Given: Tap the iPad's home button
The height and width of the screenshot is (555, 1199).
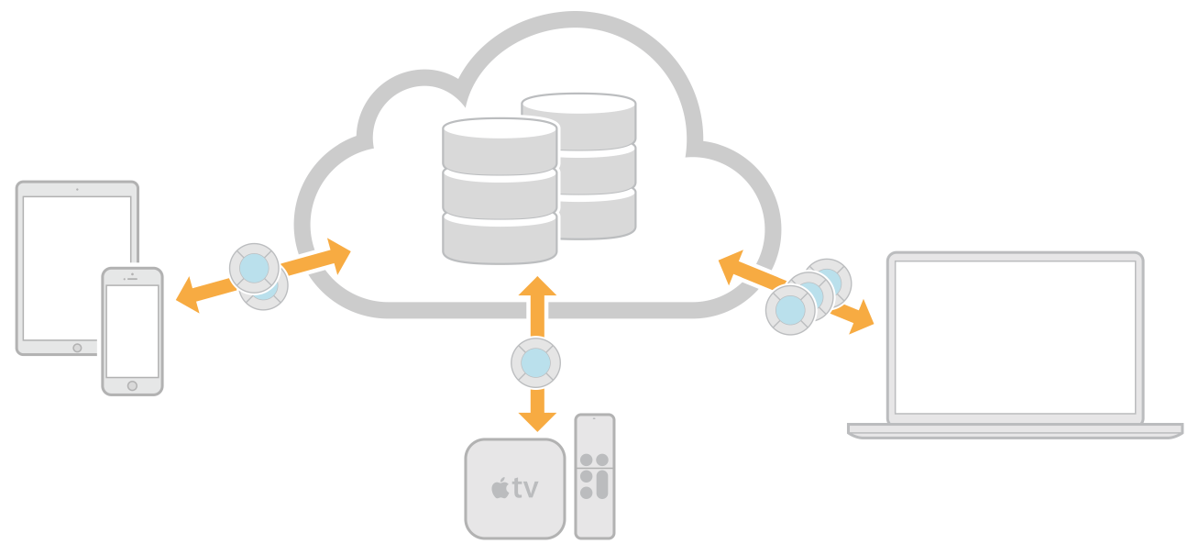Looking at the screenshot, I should [x=77, y=348].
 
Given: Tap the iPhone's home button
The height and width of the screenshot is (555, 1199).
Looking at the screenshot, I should [x=132, y=386].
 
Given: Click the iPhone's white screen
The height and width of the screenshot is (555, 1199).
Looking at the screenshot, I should [x=132, y=330].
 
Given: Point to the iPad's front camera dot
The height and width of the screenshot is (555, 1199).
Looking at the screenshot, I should [x=77, y=190].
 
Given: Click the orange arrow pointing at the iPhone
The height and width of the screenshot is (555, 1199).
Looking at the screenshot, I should [x=197, y=294].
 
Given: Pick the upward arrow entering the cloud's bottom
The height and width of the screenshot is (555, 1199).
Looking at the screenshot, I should [x=537, y=303].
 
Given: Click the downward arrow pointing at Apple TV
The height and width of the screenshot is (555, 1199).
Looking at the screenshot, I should [x=537, y=411].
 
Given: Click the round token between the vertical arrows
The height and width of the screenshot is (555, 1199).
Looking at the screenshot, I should [x=536, y=363].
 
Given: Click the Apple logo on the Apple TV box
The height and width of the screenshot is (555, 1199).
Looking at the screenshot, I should [x=500, y=488].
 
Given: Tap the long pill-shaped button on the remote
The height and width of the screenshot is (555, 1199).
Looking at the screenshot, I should [x=601, y=483].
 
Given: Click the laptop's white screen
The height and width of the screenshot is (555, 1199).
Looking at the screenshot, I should [x=1015, y=337].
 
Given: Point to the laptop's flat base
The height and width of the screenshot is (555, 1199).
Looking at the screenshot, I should [x=1015, y=429].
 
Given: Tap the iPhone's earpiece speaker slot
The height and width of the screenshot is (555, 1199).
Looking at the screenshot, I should [x=132, y=278].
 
